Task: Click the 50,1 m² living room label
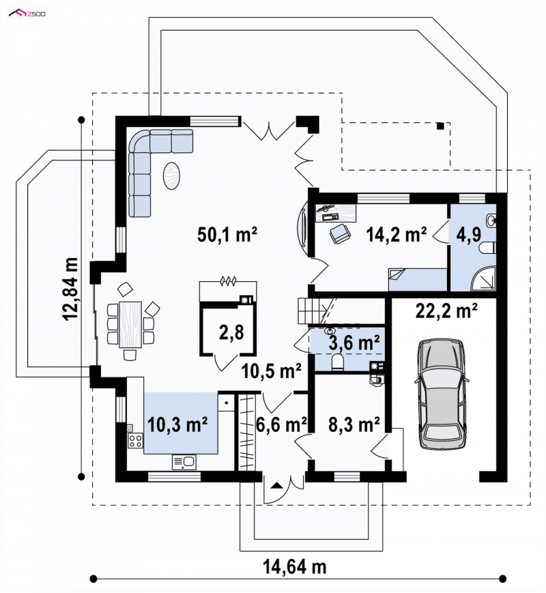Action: (227, 235)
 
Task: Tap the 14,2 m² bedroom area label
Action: (396, 235)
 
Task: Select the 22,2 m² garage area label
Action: (446, 311)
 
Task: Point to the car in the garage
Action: (442, 394)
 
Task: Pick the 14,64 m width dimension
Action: (294, 567)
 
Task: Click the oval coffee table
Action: (171, 175)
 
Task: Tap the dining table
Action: (130, 324)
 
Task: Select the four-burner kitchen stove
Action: (135, 440)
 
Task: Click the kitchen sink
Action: (184, 462)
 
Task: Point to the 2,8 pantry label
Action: (231, 333)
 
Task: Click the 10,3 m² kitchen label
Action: (177, 424)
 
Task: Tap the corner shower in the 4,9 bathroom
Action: (483, 278)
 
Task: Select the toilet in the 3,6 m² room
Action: (337, 362)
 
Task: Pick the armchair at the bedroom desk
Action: (340, 233)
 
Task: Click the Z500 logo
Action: (27, 14)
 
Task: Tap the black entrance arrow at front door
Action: (277, 485)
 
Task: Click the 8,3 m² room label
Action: (354, 424)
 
